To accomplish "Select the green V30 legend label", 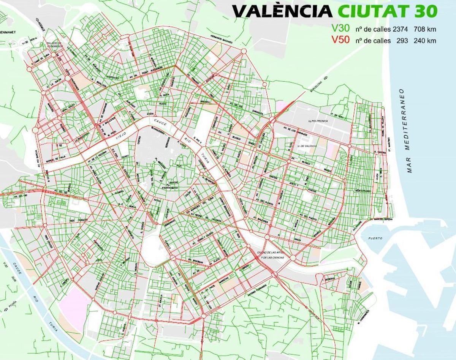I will coord(340,29).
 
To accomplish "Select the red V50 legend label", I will coord(340,40).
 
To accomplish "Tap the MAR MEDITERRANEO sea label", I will coord(409,131).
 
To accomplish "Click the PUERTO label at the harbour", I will coord(375,238).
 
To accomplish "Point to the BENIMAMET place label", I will coord(9,33).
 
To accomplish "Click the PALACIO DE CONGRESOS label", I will coord(54,46).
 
